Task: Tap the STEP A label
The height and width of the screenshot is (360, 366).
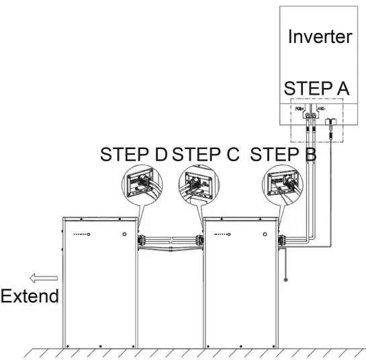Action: coord(316,89)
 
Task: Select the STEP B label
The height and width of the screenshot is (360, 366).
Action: coord(283,154)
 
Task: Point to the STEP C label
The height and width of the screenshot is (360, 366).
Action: coord(205,154)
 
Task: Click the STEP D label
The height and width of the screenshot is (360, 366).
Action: coord(134,154)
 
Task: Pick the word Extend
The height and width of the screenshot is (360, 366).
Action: coord(30,296)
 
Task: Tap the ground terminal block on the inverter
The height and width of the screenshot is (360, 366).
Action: coord(330,123)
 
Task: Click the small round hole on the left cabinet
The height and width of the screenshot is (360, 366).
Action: coord(124,234)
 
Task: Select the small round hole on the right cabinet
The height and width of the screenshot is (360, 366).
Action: coord(267,234)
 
